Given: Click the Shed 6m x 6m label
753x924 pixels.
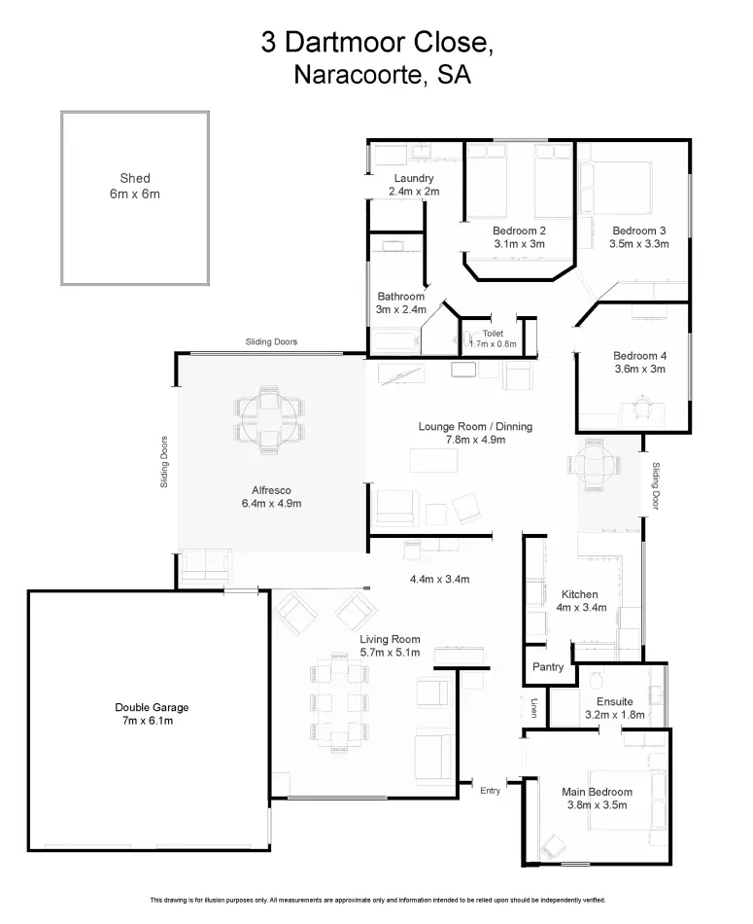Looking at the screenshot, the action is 135,186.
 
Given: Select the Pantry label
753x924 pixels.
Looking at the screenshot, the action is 548,667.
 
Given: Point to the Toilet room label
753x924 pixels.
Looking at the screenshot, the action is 493,334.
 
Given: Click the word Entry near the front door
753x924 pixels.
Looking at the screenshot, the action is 490,791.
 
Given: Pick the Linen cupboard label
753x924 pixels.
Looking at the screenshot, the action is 534,708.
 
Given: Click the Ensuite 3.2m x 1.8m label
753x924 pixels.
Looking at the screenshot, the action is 615,708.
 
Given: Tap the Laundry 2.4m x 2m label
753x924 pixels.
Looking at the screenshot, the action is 414,185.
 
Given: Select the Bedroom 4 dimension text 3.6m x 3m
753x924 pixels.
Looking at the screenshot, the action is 640,369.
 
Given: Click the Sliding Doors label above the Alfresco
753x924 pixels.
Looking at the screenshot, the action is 271,341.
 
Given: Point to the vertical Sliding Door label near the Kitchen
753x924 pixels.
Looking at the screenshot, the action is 656,485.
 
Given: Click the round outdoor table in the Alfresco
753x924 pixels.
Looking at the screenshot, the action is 270,419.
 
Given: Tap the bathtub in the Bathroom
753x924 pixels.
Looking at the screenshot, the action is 396,343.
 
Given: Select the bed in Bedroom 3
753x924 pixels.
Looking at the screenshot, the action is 616,189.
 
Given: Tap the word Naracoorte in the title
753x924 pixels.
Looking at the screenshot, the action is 360,75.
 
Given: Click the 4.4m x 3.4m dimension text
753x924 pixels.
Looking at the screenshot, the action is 440,580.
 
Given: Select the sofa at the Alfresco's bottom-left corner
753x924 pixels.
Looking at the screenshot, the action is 205,567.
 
